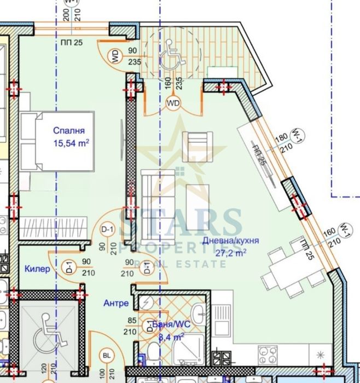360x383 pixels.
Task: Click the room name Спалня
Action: (69, 131)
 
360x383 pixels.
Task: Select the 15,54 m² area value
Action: (71, 143)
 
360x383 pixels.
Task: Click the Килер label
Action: (37, 269)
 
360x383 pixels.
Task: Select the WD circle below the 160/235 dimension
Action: (173, 102)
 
